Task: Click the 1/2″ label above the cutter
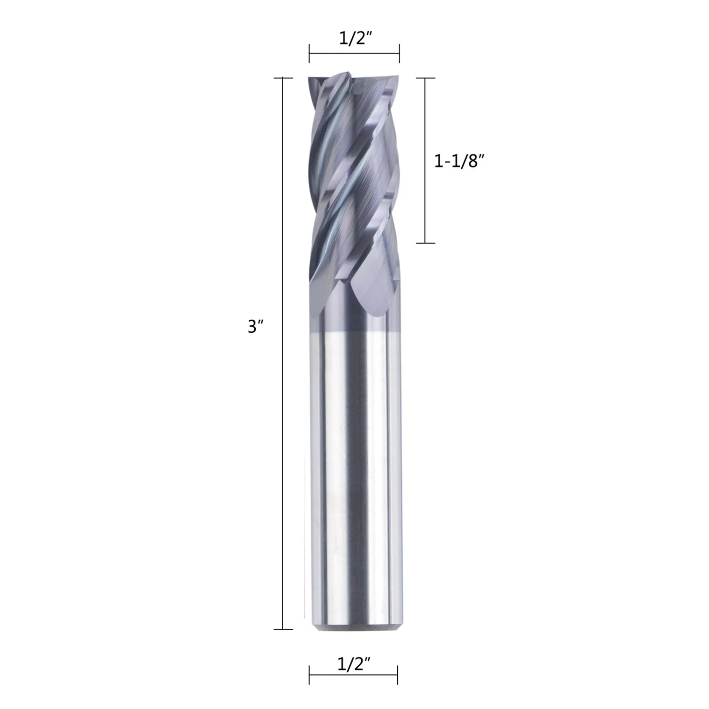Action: pos(354,38)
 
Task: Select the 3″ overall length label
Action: pos(255,327)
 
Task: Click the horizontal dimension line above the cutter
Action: pos(354,53)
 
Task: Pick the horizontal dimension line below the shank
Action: pos(353,674)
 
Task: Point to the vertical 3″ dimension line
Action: pos(283,353)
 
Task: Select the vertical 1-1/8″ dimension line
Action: pos(425,160)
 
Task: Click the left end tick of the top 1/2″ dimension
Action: pos(309,53)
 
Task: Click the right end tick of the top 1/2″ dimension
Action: pos(399,53)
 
